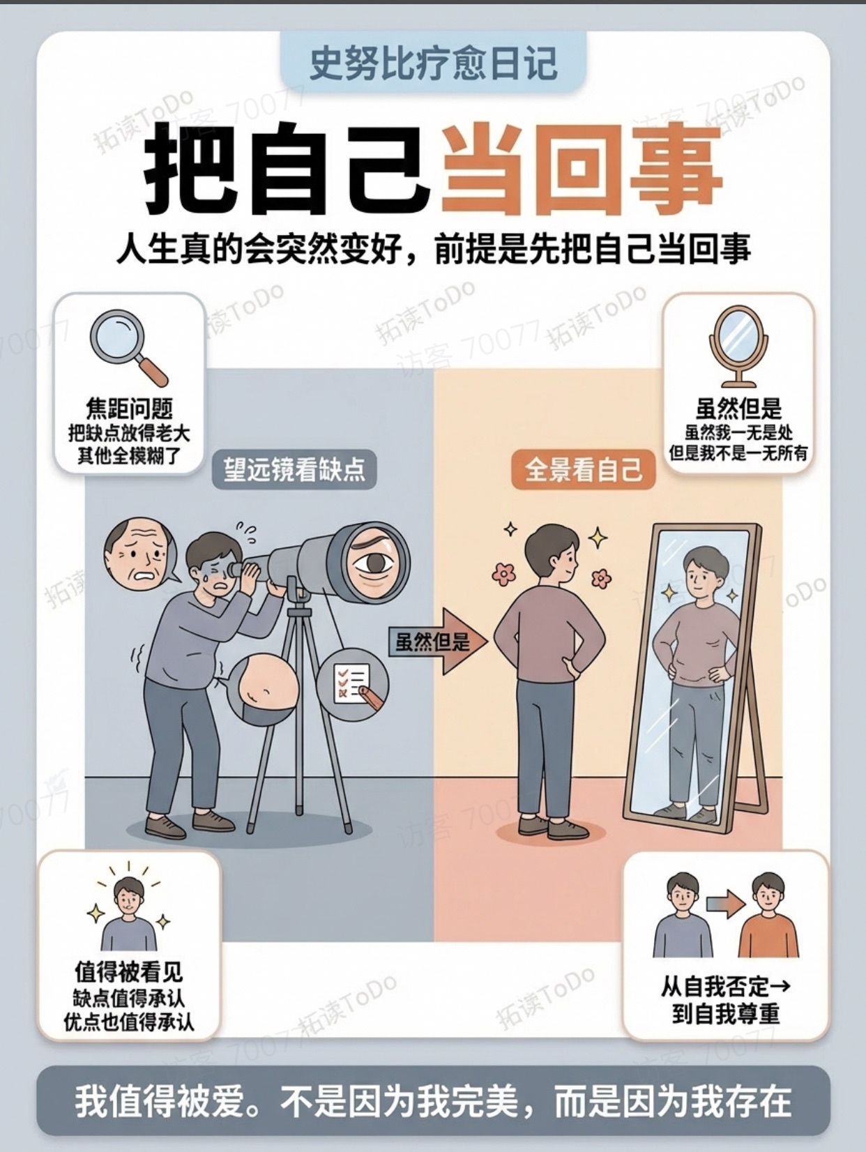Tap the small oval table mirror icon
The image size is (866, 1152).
[738, 344]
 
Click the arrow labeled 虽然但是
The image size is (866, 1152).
[438, 642]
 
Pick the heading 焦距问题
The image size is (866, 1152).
[129, 408]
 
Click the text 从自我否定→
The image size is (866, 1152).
[725, 986]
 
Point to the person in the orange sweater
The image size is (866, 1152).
[768, 915]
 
